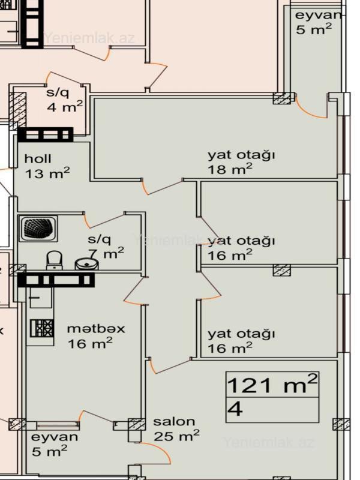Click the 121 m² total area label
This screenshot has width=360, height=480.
(x=272, y=384)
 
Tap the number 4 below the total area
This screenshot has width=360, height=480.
(x=235, y=409)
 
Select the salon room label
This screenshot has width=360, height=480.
(x=174, y=422)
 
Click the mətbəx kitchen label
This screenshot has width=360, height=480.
(x=96, y=329)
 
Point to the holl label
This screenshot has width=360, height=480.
(x=38, y=158)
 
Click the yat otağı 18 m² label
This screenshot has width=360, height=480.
(x=241, y=162)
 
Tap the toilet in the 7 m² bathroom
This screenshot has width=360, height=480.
(x=54, y=260)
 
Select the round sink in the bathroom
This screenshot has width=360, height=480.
(x=87, y=264)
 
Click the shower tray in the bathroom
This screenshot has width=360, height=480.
(x=38, y=229)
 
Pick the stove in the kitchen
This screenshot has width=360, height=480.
(x=42, y=328)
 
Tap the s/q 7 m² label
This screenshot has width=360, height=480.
(x=106, y=247)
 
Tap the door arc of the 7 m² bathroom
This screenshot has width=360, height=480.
(x=86, y=220)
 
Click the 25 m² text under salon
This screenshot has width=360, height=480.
(x=176, y=436)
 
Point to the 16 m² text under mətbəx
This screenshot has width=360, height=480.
(x=90, y=343)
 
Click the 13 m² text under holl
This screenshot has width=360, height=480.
(x=47, y=173)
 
